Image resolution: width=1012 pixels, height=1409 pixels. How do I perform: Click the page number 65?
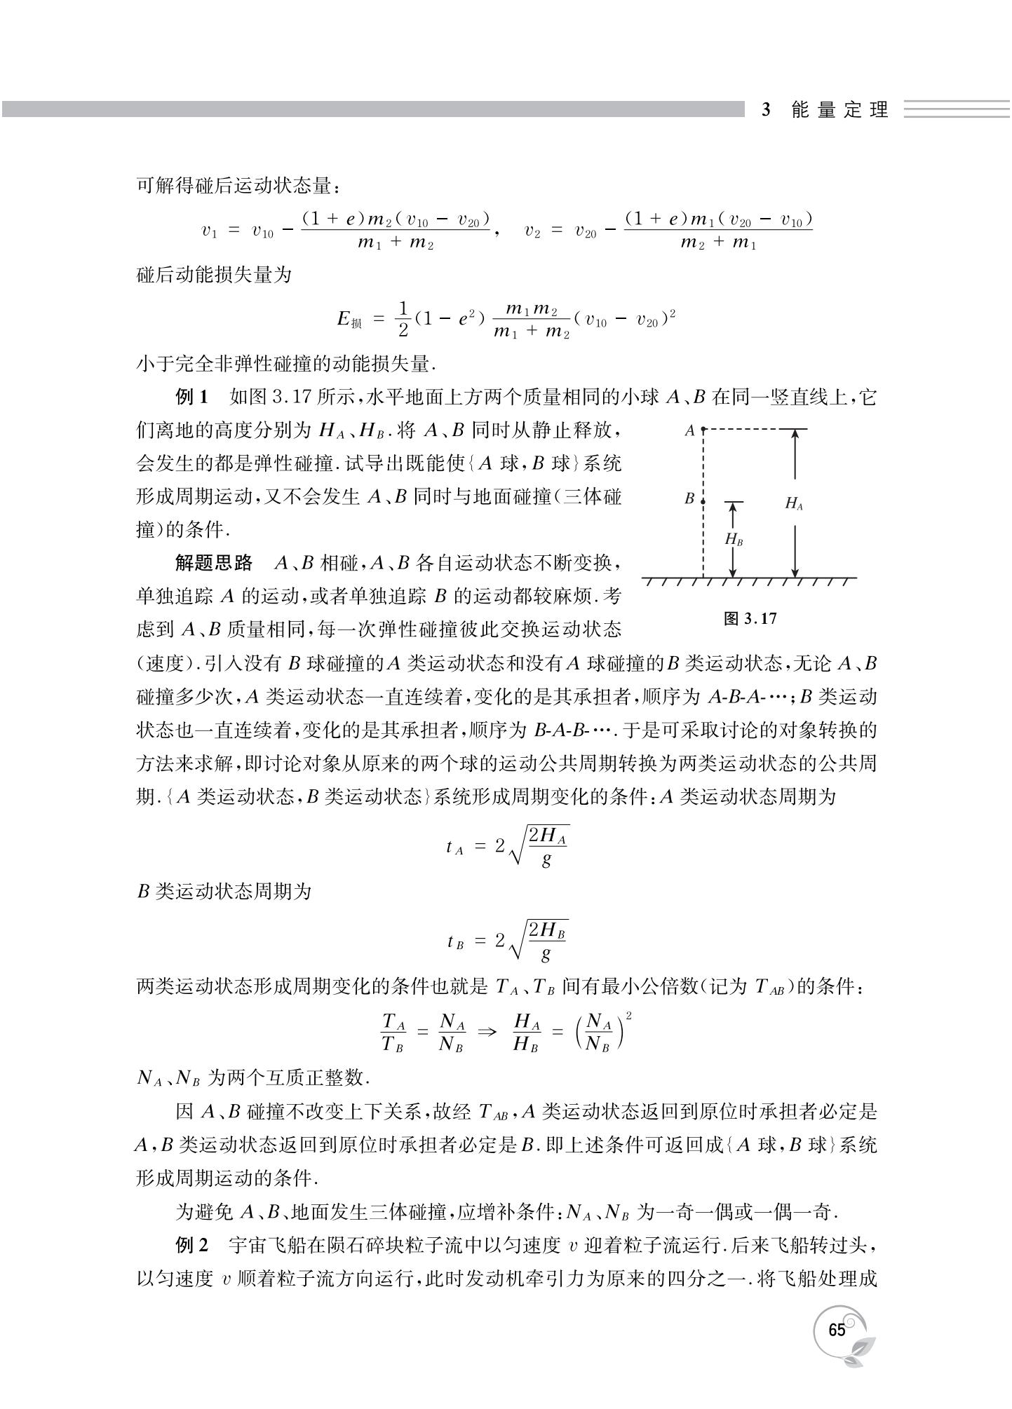(x=837, y=1330)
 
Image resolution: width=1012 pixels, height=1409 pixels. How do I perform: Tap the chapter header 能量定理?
(x=839, y=110)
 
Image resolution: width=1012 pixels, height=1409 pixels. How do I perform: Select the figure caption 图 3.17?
(x=750, y=618)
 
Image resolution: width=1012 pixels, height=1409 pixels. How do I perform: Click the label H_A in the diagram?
(x=794, y=503)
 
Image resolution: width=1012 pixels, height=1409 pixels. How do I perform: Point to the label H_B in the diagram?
(x=734, y=540)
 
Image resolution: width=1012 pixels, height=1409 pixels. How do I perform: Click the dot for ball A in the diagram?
(x=703, y=429)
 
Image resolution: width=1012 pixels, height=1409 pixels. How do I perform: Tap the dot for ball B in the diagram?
(x=703, y=501)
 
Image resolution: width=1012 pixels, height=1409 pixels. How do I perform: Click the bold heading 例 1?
(x=191, y=398)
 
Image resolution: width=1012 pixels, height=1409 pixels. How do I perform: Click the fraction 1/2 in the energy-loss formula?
(x=403, y=319)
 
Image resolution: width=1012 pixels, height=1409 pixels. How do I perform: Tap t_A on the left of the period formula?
(x=454, y=847)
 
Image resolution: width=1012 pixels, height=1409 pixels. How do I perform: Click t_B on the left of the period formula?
(x=455, y=941)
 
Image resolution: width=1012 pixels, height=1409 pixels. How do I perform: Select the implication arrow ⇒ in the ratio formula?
(x=487, y=1032)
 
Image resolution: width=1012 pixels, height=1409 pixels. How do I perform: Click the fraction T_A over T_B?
(x=393, y=1032)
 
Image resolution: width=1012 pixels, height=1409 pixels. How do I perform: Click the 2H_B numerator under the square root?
(x=547, y=931)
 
